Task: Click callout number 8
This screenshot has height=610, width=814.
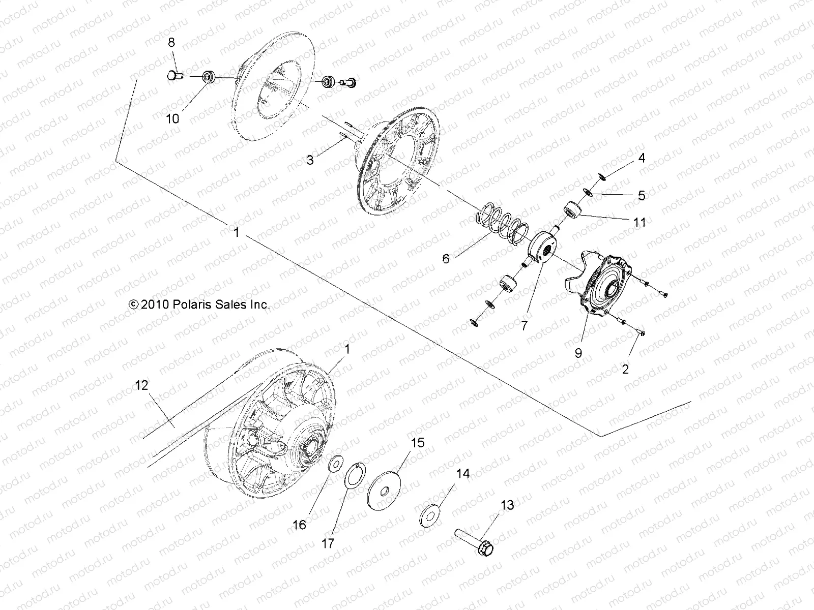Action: [x=171, y=42]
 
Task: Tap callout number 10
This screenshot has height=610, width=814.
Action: [x=173, y=118]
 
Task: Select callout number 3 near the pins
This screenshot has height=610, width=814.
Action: [x=310, y=160]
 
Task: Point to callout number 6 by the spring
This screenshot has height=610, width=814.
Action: [x=446, y=258]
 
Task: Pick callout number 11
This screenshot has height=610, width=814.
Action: [x=639, y=222]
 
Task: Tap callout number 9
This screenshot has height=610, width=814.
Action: [x=578, y=353]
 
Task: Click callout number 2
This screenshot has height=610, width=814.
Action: [x=625, y=370]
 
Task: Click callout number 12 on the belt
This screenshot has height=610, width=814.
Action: [x=141, y=385]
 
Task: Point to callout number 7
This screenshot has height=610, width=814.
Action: [x=524, y=325]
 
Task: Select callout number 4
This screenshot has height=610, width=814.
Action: [x=642, y=158]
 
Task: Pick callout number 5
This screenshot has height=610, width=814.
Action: [x=642, y=195]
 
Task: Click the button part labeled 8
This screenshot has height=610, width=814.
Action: [x=173, y=76]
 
